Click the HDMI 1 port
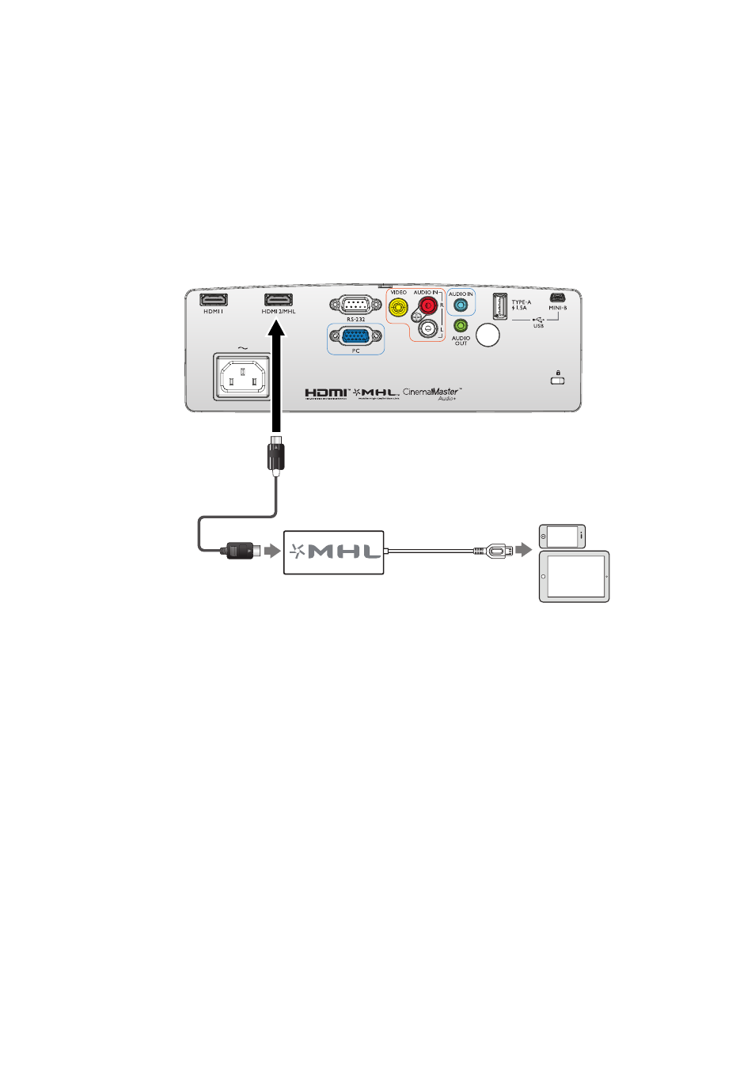[214, 299]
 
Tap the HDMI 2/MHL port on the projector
[278, 299]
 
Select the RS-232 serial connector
[355, 306]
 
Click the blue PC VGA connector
[355, 336]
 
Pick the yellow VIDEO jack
[399, 307]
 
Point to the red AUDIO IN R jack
[428, 305]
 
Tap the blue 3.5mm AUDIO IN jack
[461, 305]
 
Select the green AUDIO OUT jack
[461, 325]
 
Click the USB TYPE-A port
[500, 305]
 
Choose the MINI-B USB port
[557, 298]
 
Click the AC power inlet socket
[242, 377]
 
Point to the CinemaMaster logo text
[431, 392]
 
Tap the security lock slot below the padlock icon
[558, 381]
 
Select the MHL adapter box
[334, 552]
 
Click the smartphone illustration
[562, 536]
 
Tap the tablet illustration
[575, 577]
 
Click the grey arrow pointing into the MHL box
[272, 551]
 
